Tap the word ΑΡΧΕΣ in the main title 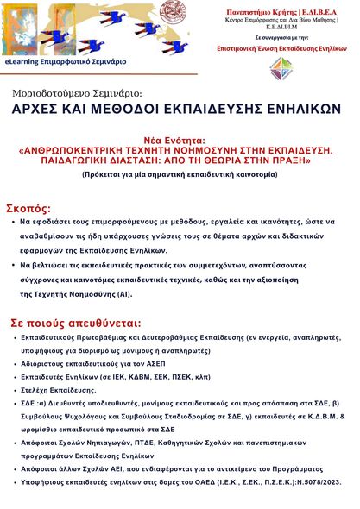tap(44, 110)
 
